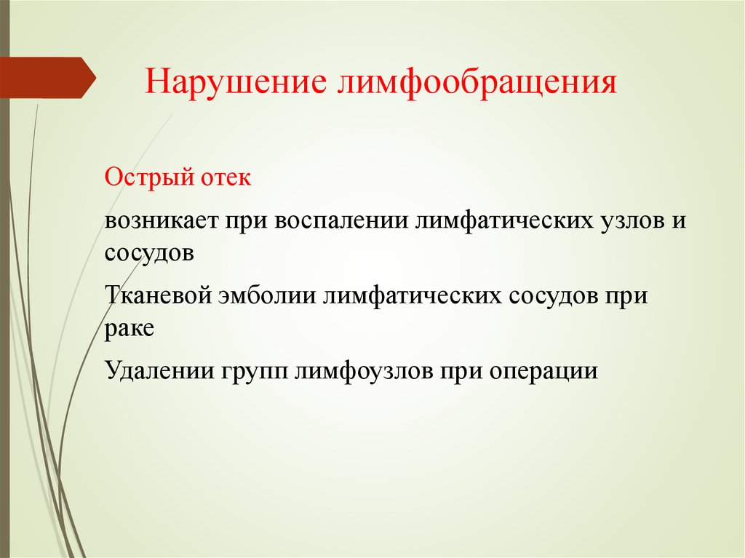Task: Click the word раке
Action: point(129,329)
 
